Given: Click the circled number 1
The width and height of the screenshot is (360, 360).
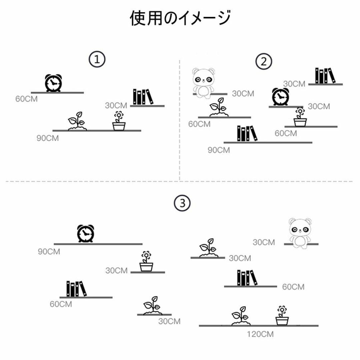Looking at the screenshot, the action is [x=97, y=59].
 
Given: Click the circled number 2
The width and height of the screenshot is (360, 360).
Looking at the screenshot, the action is [x=264, y=62].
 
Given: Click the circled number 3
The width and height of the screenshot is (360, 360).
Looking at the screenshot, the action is [x=182, y=203].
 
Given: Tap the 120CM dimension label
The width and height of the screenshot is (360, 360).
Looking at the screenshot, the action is [x=260, y=334].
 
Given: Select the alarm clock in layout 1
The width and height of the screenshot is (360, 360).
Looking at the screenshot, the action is [x=53, y=83].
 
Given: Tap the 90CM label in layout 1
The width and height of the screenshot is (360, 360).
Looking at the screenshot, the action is [x=48, y=138].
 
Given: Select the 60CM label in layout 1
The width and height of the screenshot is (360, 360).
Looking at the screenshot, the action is [x=26, y=99].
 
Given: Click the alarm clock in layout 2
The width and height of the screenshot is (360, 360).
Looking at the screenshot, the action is [x=281, y=97].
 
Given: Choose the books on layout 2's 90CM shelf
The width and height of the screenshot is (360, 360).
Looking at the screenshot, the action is [x=247, y=133].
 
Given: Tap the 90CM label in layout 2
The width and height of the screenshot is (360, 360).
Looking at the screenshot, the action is [x=219, y=150].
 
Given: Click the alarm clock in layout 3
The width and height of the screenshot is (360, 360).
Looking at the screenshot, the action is [x=85, y=233].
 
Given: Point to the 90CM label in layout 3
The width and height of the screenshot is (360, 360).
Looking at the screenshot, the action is [x=49, y=252].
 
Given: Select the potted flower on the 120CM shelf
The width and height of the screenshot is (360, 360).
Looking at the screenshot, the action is [x=282, y=315].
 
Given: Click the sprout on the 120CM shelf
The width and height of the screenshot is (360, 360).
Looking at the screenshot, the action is [x=241, y=316].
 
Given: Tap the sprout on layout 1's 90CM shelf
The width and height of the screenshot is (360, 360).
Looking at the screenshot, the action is [x=77, y=121].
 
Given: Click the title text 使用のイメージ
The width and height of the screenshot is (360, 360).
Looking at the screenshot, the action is [x=180, y=18].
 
